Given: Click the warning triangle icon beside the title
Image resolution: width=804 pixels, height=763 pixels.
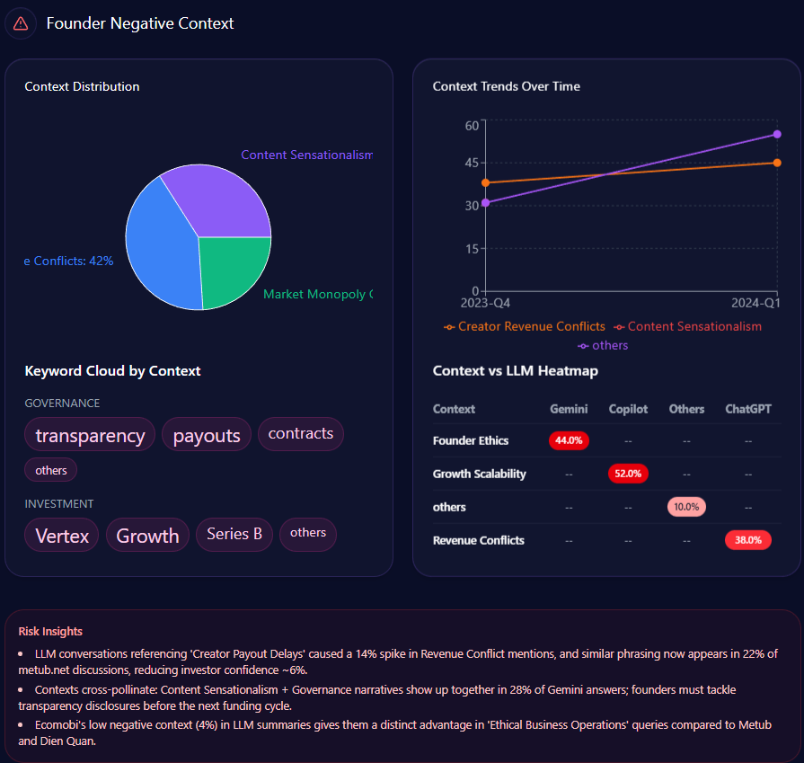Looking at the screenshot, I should (x=21, y=23).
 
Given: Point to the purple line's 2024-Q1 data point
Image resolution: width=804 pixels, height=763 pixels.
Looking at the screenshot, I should (x=777, y=134).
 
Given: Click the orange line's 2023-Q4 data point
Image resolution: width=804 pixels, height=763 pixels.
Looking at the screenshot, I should (x=486, y=182).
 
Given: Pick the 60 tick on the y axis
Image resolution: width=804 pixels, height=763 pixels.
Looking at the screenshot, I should (x=472, y=125).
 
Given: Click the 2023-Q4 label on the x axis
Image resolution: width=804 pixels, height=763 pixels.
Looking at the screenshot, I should (x=485, y=304).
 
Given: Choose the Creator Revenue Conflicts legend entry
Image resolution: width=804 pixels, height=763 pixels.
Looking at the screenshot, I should (x=525, y=326).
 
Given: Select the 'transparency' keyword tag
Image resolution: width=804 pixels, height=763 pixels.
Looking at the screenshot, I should (x=90, y=435).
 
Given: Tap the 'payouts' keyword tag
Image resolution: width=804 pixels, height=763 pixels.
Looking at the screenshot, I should (x=207, y=435).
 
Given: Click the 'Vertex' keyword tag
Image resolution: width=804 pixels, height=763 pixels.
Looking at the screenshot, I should (x=62, y=536).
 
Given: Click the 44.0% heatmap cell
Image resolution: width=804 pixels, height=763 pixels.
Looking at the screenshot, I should (x=569, y=440).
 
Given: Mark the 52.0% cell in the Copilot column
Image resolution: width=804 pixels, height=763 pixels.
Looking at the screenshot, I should (x=628, y=474).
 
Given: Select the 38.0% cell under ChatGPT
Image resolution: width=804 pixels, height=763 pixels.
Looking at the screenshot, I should (x=747, y=540).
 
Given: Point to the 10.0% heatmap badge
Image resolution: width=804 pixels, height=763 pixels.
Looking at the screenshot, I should (x=686, y=507).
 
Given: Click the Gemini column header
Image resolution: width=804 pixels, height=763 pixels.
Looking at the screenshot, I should (x=569, y=409).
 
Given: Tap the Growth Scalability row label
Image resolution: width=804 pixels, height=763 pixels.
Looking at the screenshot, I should (x=479, y=474).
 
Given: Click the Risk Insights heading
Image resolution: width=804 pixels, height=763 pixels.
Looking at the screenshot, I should (x=50, y=632).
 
